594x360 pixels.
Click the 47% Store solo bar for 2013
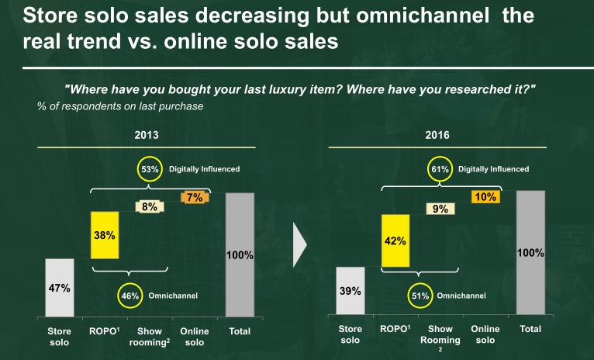click(x=60, y=288)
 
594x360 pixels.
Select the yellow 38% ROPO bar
click(x=105, y=236)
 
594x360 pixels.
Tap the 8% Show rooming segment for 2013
click(x=149, y=206)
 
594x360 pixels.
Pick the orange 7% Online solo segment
click(x=194, y=197)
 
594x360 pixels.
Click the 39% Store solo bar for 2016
click(x=351, y=291)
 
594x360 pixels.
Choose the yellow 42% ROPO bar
click(x=395, y=241)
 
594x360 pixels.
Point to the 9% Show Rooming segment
click(x=440, y=208)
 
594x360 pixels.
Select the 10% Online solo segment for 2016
click(x=485, y=197)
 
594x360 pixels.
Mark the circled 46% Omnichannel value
click(x=130, y=296)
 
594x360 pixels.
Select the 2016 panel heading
click(x=437, y=134)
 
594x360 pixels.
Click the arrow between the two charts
click(x=300, y=244)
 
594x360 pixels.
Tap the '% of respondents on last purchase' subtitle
click(x=120, y=106)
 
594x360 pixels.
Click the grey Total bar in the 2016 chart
click(x=530, y=253)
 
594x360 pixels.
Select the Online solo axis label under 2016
click(x=485, y=334)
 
